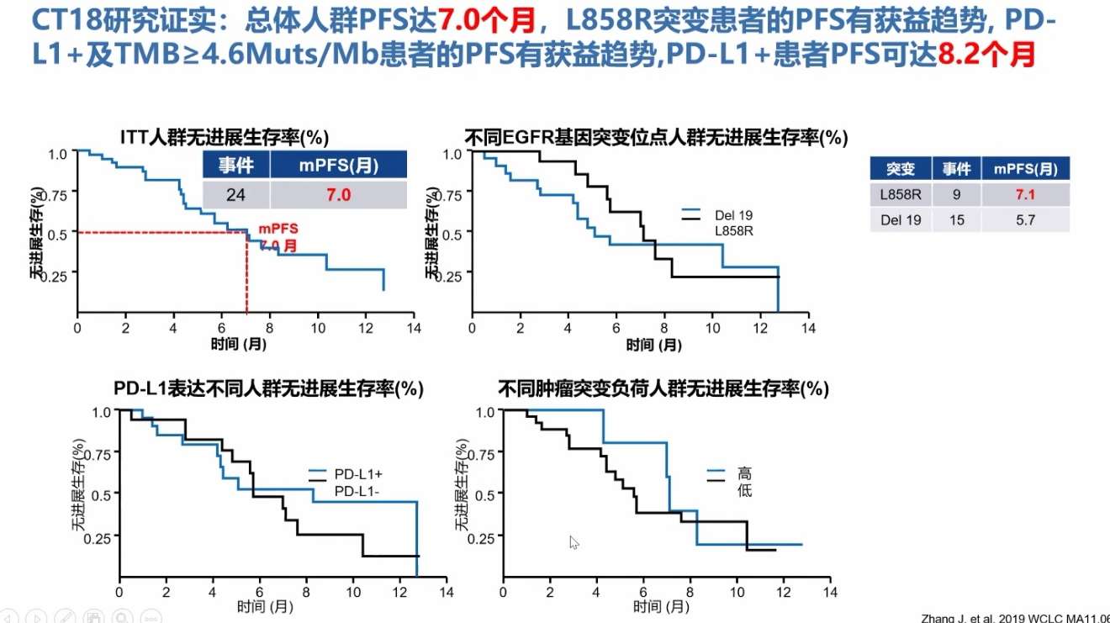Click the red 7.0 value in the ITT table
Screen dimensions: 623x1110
pyautogui.click(x=338, y=195)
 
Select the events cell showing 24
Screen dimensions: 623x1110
pyautogui.click(x=235, y=195)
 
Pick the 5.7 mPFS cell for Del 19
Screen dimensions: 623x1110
pyautogui.click(x=1025, y=219)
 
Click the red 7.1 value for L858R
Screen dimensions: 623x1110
pyautogui.click(x=1025, y=194)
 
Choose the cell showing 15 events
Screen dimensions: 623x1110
pyautogui.click(x=956, y=219)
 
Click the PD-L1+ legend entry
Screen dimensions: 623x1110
pyautogui.click(x=358, y=474)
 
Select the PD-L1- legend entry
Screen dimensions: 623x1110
pyautogui.click(x=357, y=490)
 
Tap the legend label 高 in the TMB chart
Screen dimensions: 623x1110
pyautogui.click(x=744, y=474)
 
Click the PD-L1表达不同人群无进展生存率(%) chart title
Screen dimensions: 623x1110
pyautogui.click(x=268, y=388)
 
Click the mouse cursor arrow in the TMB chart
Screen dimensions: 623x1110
pyautogui.click(x=573, y=542)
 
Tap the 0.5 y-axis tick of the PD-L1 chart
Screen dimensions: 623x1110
pyautogui.click(x=100, y=494)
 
